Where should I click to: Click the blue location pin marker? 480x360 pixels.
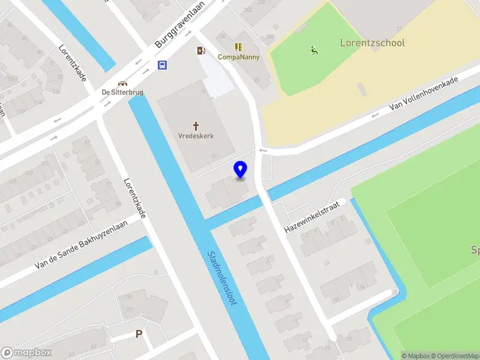coord(241,169)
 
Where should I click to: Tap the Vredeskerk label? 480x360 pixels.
coord(196,136)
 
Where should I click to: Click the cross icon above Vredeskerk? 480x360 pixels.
coord(196,125)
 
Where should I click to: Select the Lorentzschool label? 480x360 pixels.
coord(372,43)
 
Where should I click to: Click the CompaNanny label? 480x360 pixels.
coord(238,57)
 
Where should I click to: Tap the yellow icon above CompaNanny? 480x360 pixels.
coord(238,46)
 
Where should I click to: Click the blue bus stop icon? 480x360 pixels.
coord(163,65)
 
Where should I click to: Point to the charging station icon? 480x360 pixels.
coord(201,51)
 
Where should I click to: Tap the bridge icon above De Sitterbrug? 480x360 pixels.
coord(123,83)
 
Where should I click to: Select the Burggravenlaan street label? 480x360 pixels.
coord(179,24)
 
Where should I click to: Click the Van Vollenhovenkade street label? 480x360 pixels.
coord(424,93)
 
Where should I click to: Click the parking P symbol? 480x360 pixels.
coord(139,334)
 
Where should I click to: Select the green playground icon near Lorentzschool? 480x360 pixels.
coord(314,50)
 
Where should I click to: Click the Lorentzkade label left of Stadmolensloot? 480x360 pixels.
coord(134,198)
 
